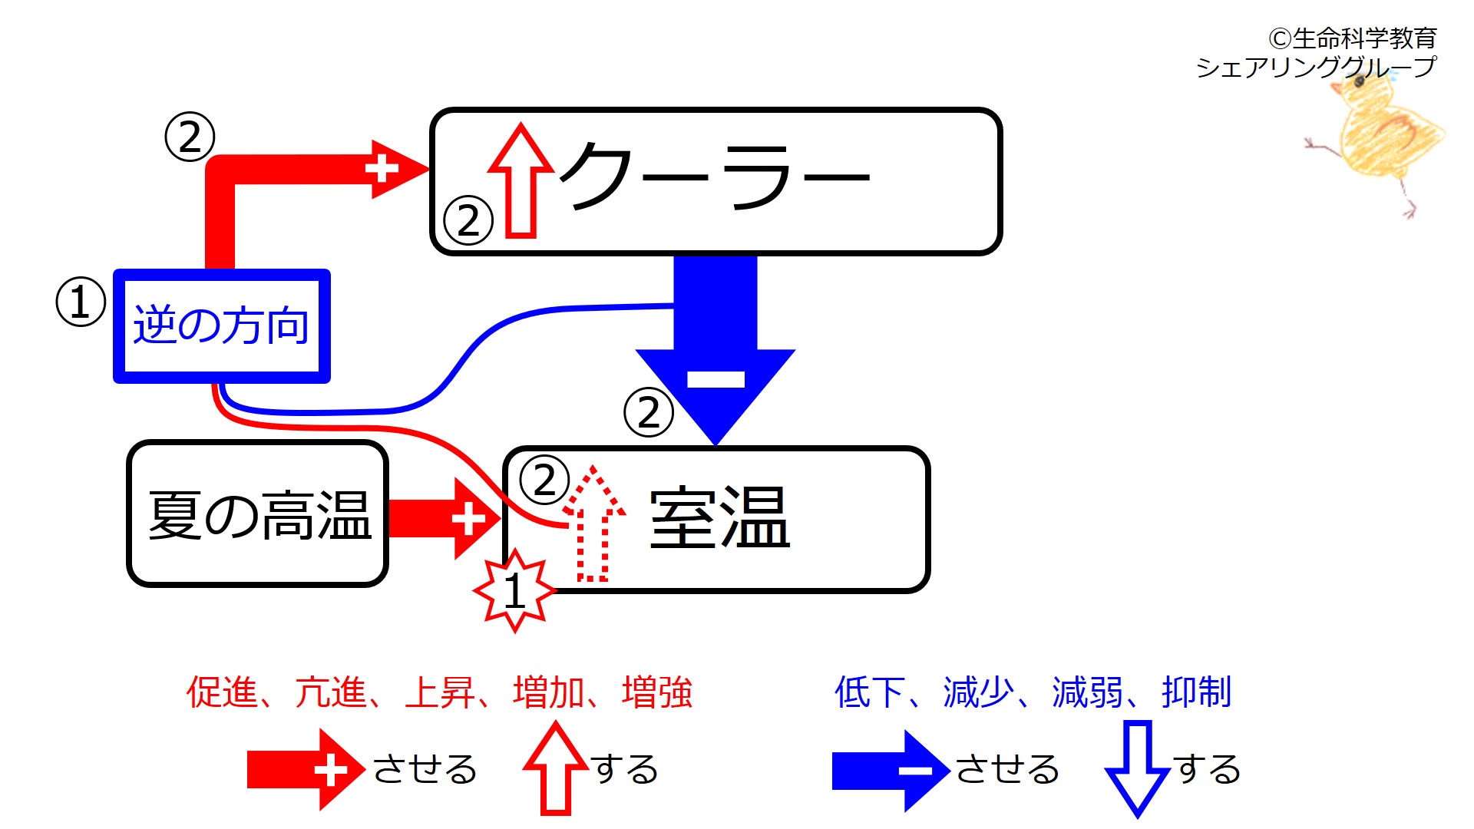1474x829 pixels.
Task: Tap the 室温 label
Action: click(719, 519)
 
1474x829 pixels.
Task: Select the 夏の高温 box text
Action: click(259, 515)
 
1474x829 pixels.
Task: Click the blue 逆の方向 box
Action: click(221, 325)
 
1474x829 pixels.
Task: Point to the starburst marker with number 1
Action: click(514, 591)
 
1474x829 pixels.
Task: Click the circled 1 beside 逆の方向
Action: click(81, 302)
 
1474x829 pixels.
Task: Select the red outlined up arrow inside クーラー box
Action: click(521, 181)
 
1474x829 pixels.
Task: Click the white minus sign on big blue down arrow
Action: click(716, 379)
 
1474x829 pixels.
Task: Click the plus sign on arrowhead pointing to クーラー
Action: click(382, 169)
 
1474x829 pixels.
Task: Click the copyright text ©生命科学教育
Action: click(1352, 38)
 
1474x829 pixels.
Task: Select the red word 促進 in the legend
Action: click(221, 692)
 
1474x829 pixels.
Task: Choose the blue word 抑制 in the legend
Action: click(1196, 692)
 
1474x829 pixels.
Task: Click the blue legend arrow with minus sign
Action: click(891, 771)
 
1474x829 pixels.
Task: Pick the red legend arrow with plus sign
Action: click(305, 770)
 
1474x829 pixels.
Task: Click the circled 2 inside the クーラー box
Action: click(468, 220)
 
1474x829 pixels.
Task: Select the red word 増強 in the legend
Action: click(657, 692)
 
